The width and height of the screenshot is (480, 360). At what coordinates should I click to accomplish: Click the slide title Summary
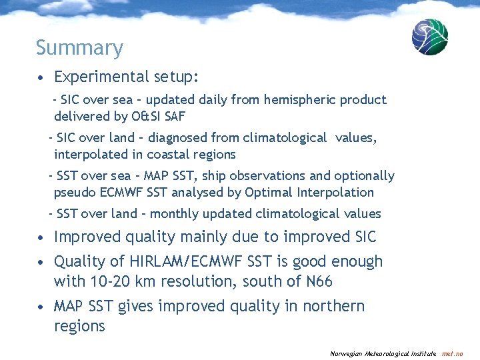tap(79, 48)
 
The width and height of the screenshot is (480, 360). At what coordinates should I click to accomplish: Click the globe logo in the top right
tap(429, 37)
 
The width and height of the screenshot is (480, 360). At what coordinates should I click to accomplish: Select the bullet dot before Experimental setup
tap(42, 78)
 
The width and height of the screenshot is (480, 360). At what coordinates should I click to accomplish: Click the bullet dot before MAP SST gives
tap(42, 307)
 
